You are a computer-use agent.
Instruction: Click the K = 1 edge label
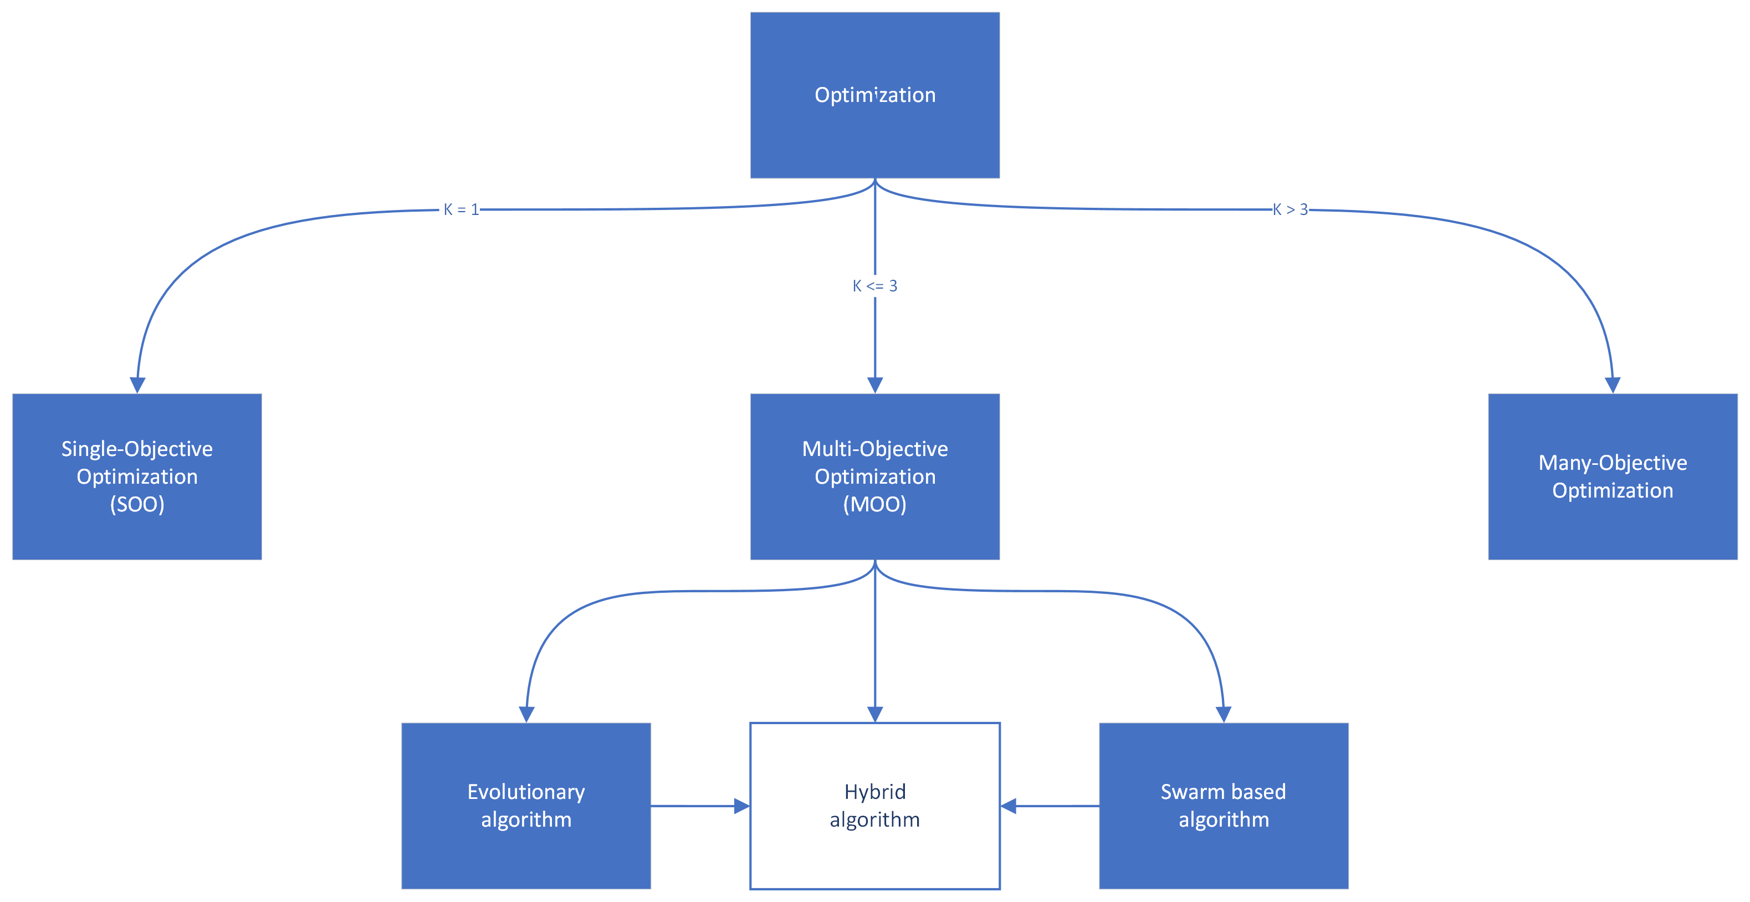click(460, 210)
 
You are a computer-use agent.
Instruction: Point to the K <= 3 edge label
click(875, 286)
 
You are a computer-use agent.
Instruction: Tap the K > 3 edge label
click(1290, 210)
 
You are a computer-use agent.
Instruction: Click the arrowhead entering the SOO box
click(137, 385)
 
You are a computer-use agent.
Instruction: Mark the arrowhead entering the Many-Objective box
click(1613, 385)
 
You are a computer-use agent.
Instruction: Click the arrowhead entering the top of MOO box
click(875, 385)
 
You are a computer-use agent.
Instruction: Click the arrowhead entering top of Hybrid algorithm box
click(875, 714)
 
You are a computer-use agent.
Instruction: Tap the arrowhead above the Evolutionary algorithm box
click(526, 714)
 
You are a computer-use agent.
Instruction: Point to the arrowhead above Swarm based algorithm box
click(1224, 714)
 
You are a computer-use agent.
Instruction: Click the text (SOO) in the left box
click(137, 505)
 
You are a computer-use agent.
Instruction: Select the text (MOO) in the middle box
click(875, 505)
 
